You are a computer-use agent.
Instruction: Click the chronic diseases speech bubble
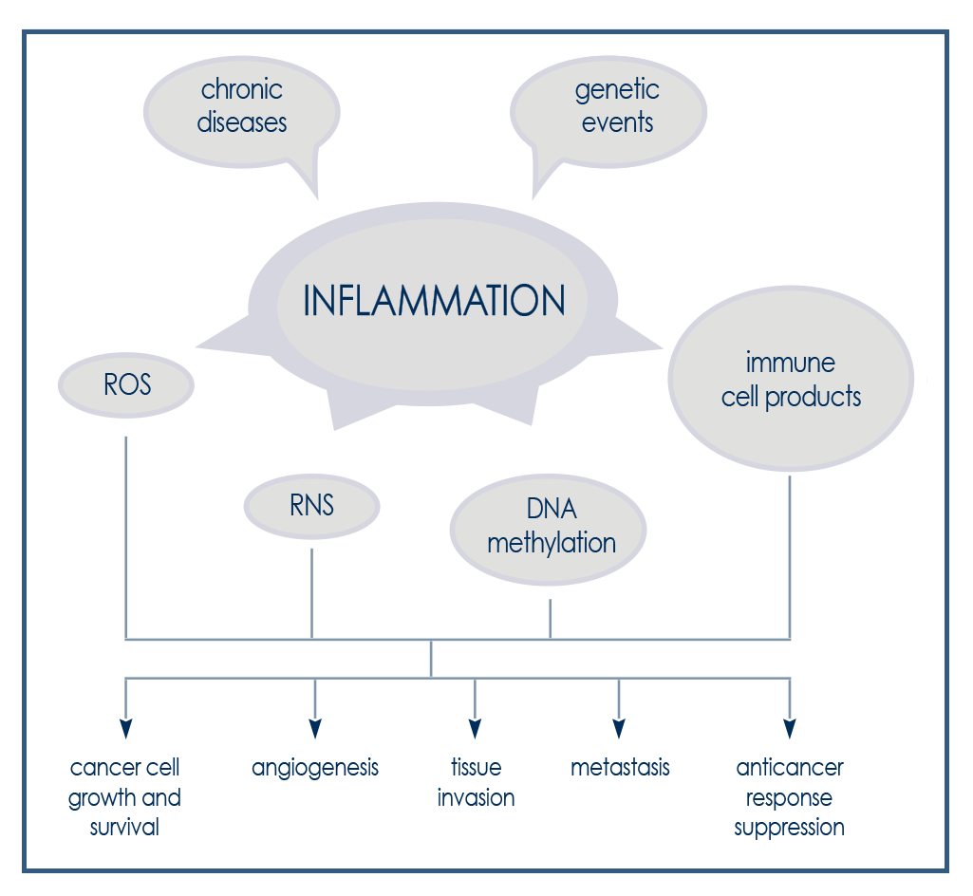click(242, 107)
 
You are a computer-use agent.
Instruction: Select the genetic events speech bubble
click(615, 107)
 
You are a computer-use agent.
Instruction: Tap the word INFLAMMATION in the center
click(434, 301)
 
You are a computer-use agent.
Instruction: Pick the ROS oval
click(127, 386)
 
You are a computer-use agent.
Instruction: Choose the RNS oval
click(311, 505)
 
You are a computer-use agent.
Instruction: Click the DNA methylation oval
click(550, 528)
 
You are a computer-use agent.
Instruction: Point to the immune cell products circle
click(791, 380)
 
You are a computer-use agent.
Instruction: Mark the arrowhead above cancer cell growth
click(125, 729)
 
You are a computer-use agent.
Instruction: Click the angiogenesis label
click(315, 768)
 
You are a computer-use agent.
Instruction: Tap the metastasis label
click(620, 767)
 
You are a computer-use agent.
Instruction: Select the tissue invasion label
click(476, 782)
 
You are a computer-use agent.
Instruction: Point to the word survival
click(124, 827)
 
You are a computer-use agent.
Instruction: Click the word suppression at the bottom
click(789, 828)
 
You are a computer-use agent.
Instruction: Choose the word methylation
click(552, 543)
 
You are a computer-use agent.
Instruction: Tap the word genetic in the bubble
click(617, 91)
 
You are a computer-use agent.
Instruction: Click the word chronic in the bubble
click(242, 91)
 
